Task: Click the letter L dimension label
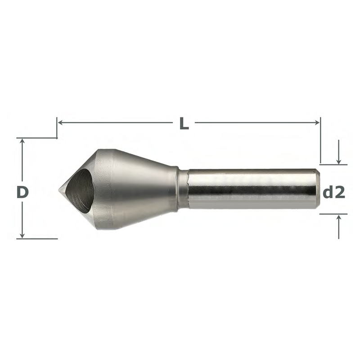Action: tap(184, 123)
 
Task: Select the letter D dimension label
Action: tap(22, 192)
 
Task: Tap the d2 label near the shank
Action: tap(334, 192)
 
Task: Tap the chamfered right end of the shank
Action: tap(316, 189)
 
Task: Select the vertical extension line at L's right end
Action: tap(320, 142)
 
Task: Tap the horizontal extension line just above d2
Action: tap(333, 165)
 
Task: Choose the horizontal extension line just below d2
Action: tap(333, 214)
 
